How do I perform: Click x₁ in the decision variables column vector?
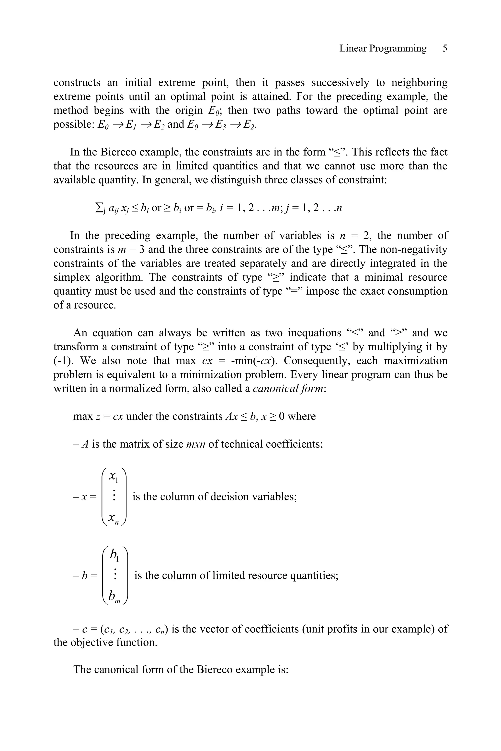(114, 476)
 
